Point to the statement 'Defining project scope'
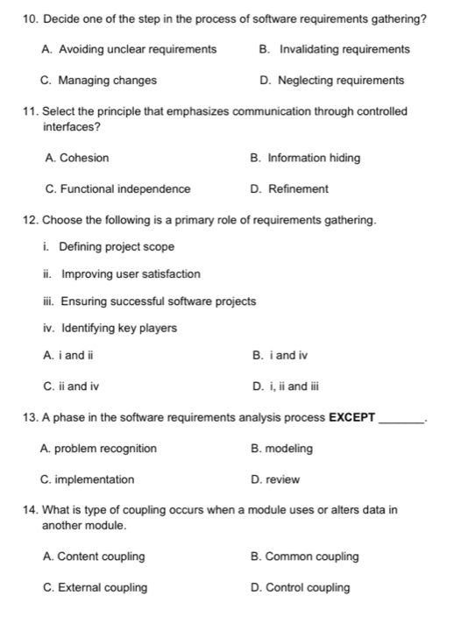click(116, 246)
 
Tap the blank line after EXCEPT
click(401, 421)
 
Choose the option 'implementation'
click(96, 479)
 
